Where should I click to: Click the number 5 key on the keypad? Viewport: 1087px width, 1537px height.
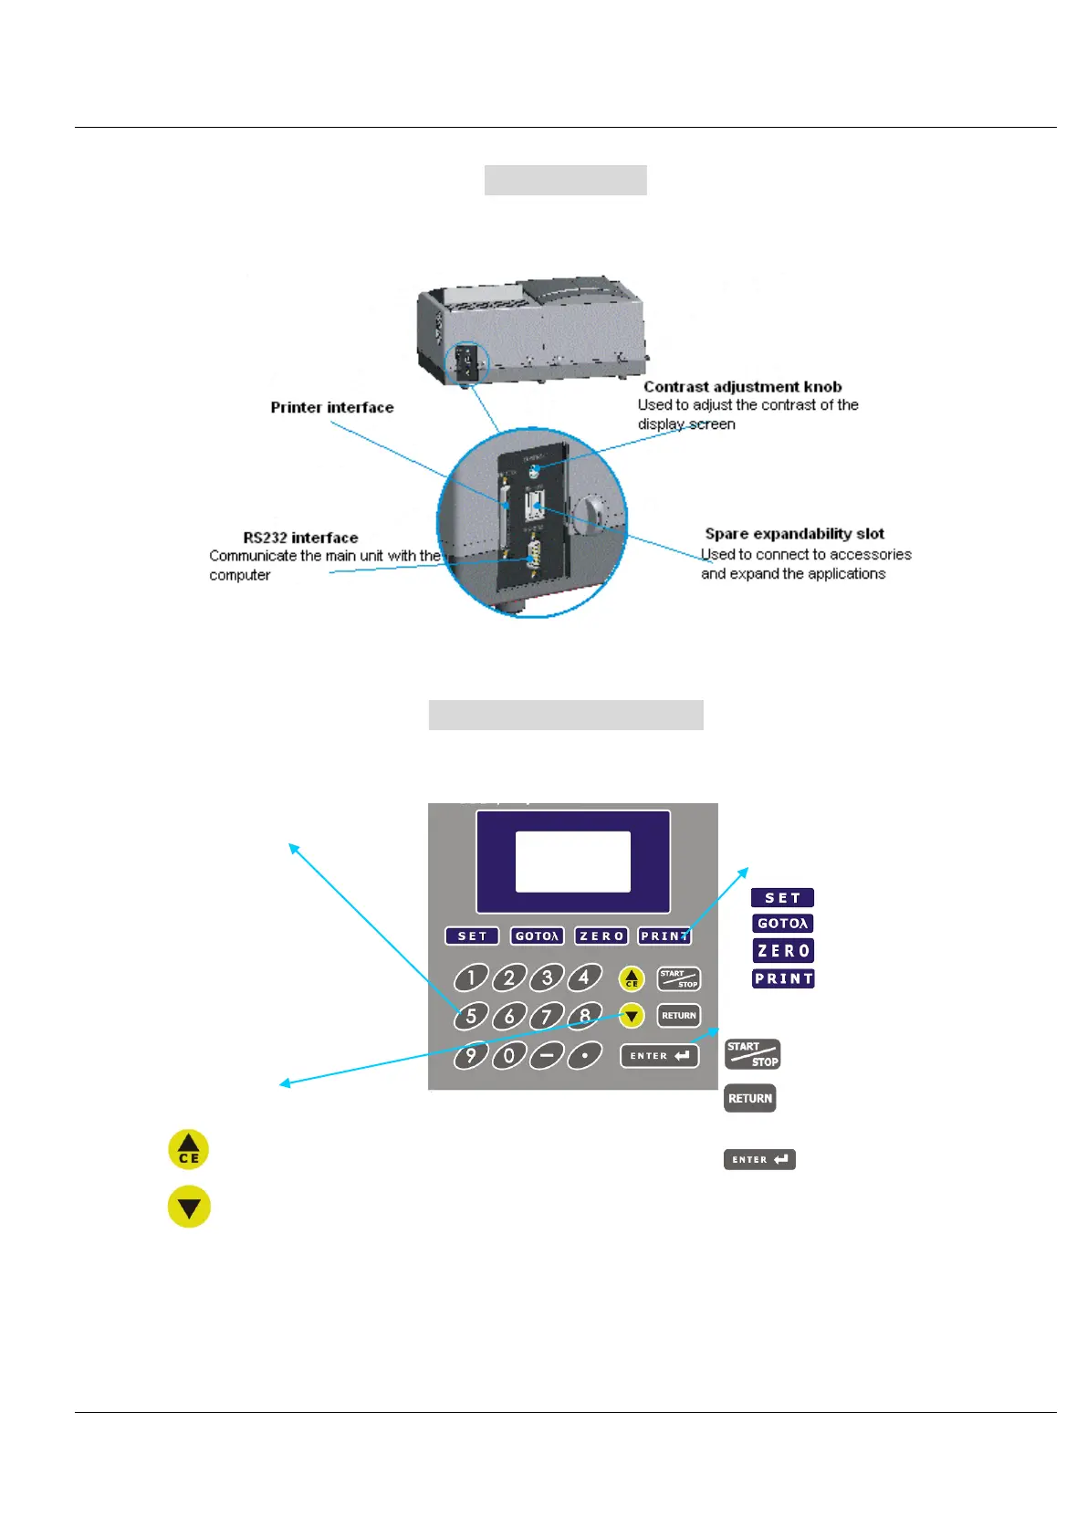click(471, 1016)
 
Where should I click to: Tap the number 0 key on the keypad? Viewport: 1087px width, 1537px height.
click(508, 1056)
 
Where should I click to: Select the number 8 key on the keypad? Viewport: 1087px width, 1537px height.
click(585, 1016)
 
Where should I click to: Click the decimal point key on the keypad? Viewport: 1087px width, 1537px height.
click(585, 1056)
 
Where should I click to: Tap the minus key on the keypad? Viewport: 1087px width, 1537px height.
click(547, 1056)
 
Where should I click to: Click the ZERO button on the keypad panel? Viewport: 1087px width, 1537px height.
click(601, 936)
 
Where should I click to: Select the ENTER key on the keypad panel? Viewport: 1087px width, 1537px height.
click(660, 1056)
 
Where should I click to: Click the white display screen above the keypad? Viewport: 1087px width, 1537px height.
click(573, 862)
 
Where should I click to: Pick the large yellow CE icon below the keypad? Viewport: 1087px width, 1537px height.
click(189, 1149)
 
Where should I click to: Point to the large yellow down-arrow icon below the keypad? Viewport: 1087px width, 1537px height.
click(189, 1207)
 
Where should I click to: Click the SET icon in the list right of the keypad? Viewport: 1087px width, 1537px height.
click(782, 898)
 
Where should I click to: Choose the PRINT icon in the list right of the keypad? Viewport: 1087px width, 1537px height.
click(783, 978)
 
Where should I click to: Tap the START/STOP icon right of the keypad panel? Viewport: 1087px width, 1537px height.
click(752, 1054)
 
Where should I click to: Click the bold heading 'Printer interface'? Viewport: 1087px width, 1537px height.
click(332, 407)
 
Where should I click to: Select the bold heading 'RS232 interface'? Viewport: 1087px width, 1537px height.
click(300, 538)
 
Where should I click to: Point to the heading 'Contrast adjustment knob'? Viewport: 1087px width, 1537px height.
click(742, 387)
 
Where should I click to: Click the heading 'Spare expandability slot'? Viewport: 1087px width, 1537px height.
click(794, 534)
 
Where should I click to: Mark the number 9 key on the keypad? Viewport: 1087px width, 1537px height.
click(471, 1056)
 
